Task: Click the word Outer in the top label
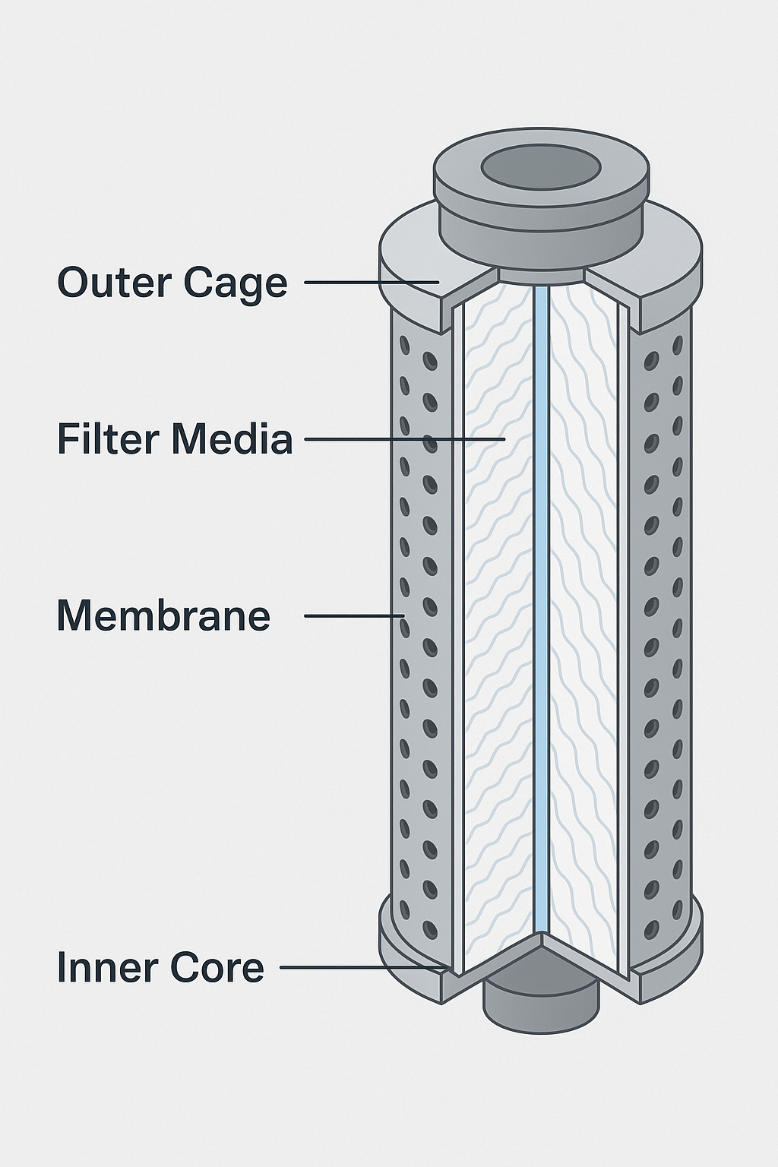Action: (x=114, y=282)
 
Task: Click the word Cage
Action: (x=235, y=283)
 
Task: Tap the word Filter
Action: (x=109, y=439)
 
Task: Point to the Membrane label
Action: (x=163, y=615)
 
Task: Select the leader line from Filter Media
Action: (x=403, y=439)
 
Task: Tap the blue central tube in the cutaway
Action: (x=540, y=608)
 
